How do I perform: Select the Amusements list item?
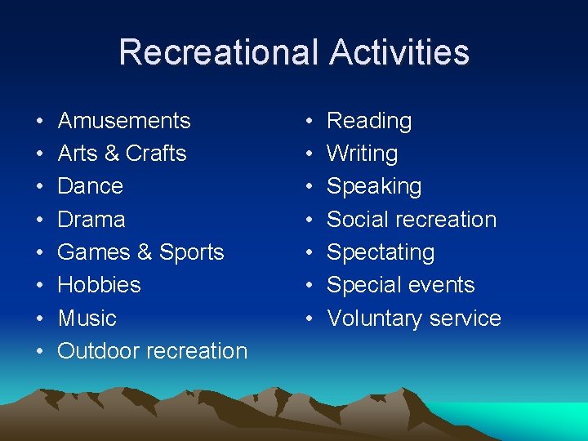pos(124,121)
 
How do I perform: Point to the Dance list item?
pos(91,186)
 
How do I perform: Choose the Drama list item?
pos(91,220)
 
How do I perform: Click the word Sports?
pos(192,252)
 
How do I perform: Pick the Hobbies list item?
pos(99,285)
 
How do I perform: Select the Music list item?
pos(87,318)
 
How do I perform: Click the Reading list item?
pos(369,121)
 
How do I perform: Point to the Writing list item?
pos(362,154)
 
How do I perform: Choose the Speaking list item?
pos(374,186)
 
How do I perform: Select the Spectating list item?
pos(381,252)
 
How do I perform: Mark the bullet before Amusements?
pos(40,122)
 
